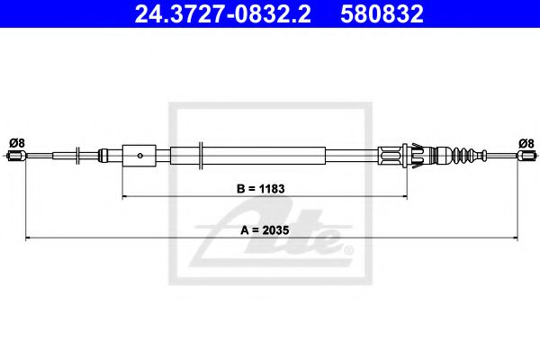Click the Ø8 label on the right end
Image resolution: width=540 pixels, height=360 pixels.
[x=526, y=142]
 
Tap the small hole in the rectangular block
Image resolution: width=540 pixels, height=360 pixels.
[x=140, y=156]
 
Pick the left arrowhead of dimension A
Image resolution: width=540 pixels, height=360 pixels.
[x=28, y=238]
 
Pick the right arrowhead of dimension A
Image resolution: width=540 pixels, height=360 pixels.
[x=517, y=238]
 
